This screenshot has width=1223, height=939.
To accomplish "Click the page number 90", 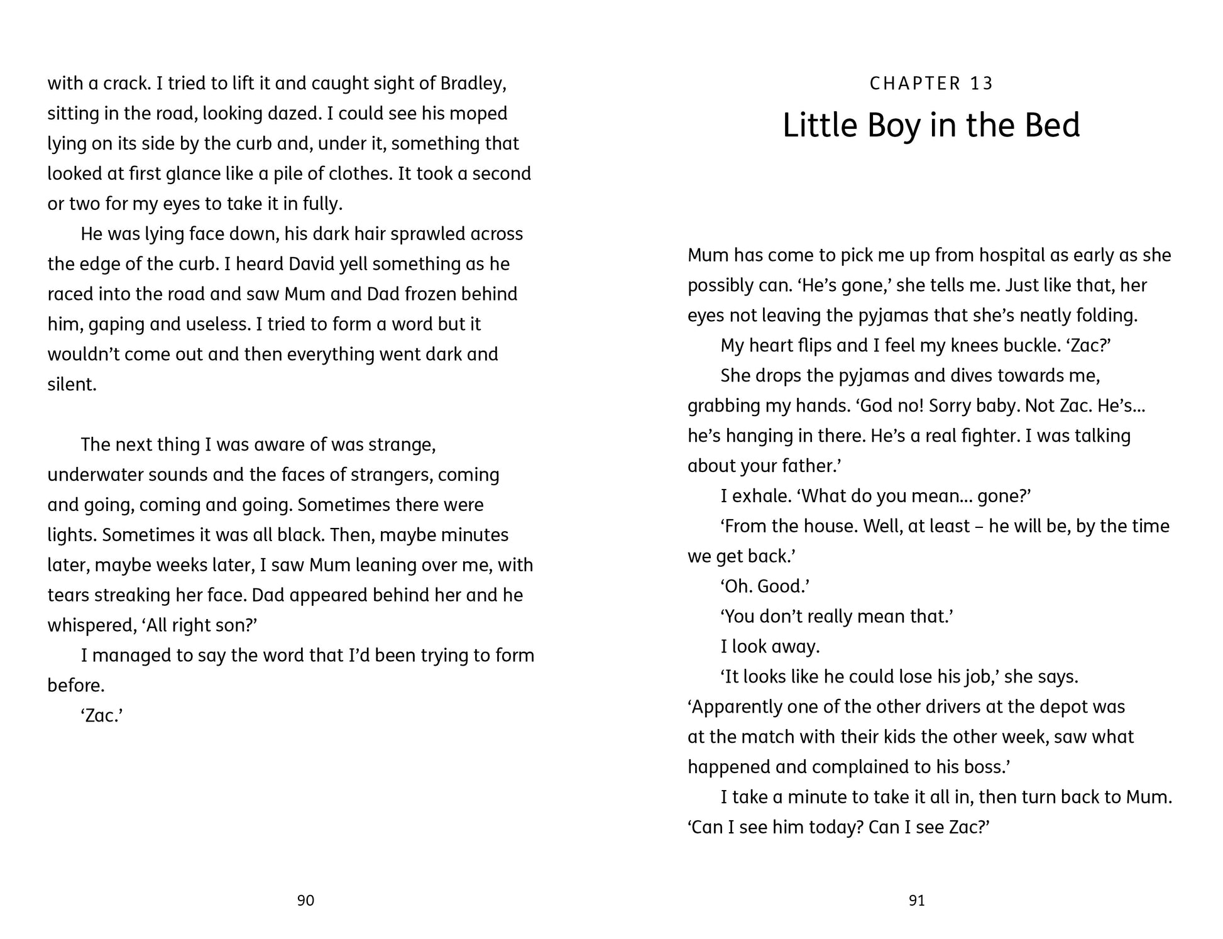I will click(x=305, y=901).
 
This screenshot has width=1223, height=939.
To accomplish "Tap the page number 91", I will click(x=917, y=901).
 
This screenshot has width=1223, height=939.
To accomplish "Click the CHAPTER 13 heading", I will click(x=931, y=84).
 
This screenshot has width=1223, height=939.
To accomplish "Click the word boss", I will click(x=991, y=767).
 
